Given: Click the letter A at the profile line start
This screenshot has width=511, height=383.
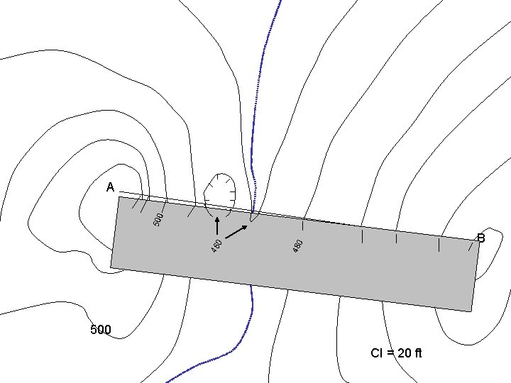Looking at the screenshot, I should click(x=110, y=187).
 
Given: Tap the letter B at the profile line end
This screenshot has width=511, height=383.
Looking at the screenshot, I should click(x=480, y=238).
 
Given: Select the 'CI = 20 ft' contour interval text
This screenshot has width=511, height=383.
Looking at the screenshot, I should click(x=396, y=353).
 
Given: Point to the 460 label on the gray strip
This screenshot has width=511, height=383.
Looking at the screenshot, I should click(x=217, y=245).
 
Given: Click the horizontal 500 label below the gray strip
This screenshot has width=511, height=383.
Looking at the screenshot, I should click(x=101, y=330).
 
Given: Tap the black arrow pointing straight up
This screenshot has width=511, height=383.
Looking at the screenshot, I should click(x=217, y=226).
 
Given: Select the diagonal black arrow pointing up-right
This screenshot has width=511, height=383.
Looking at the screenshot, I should click(x=237, y=231).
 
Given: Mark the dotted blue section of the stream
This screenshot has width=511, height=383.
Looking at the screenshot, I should click(x=257, y=113).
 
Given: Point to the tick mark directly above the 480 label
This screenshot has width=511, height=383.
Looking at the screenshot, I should click(x=303, y=226).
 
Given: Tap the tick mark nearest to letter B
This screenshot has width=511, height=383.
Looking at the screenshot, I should click(x=470, y=245).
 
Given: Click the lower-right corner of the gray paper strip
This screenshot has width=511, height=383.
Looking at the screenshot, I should click(x=471, y=311).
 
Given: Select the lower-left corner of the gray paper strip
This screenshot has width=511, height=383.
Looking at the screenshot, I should click(x=111, y=267).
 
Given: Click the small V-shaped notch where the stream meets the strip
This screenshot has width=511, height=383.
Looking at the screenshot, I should click(x=253, y=216).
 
